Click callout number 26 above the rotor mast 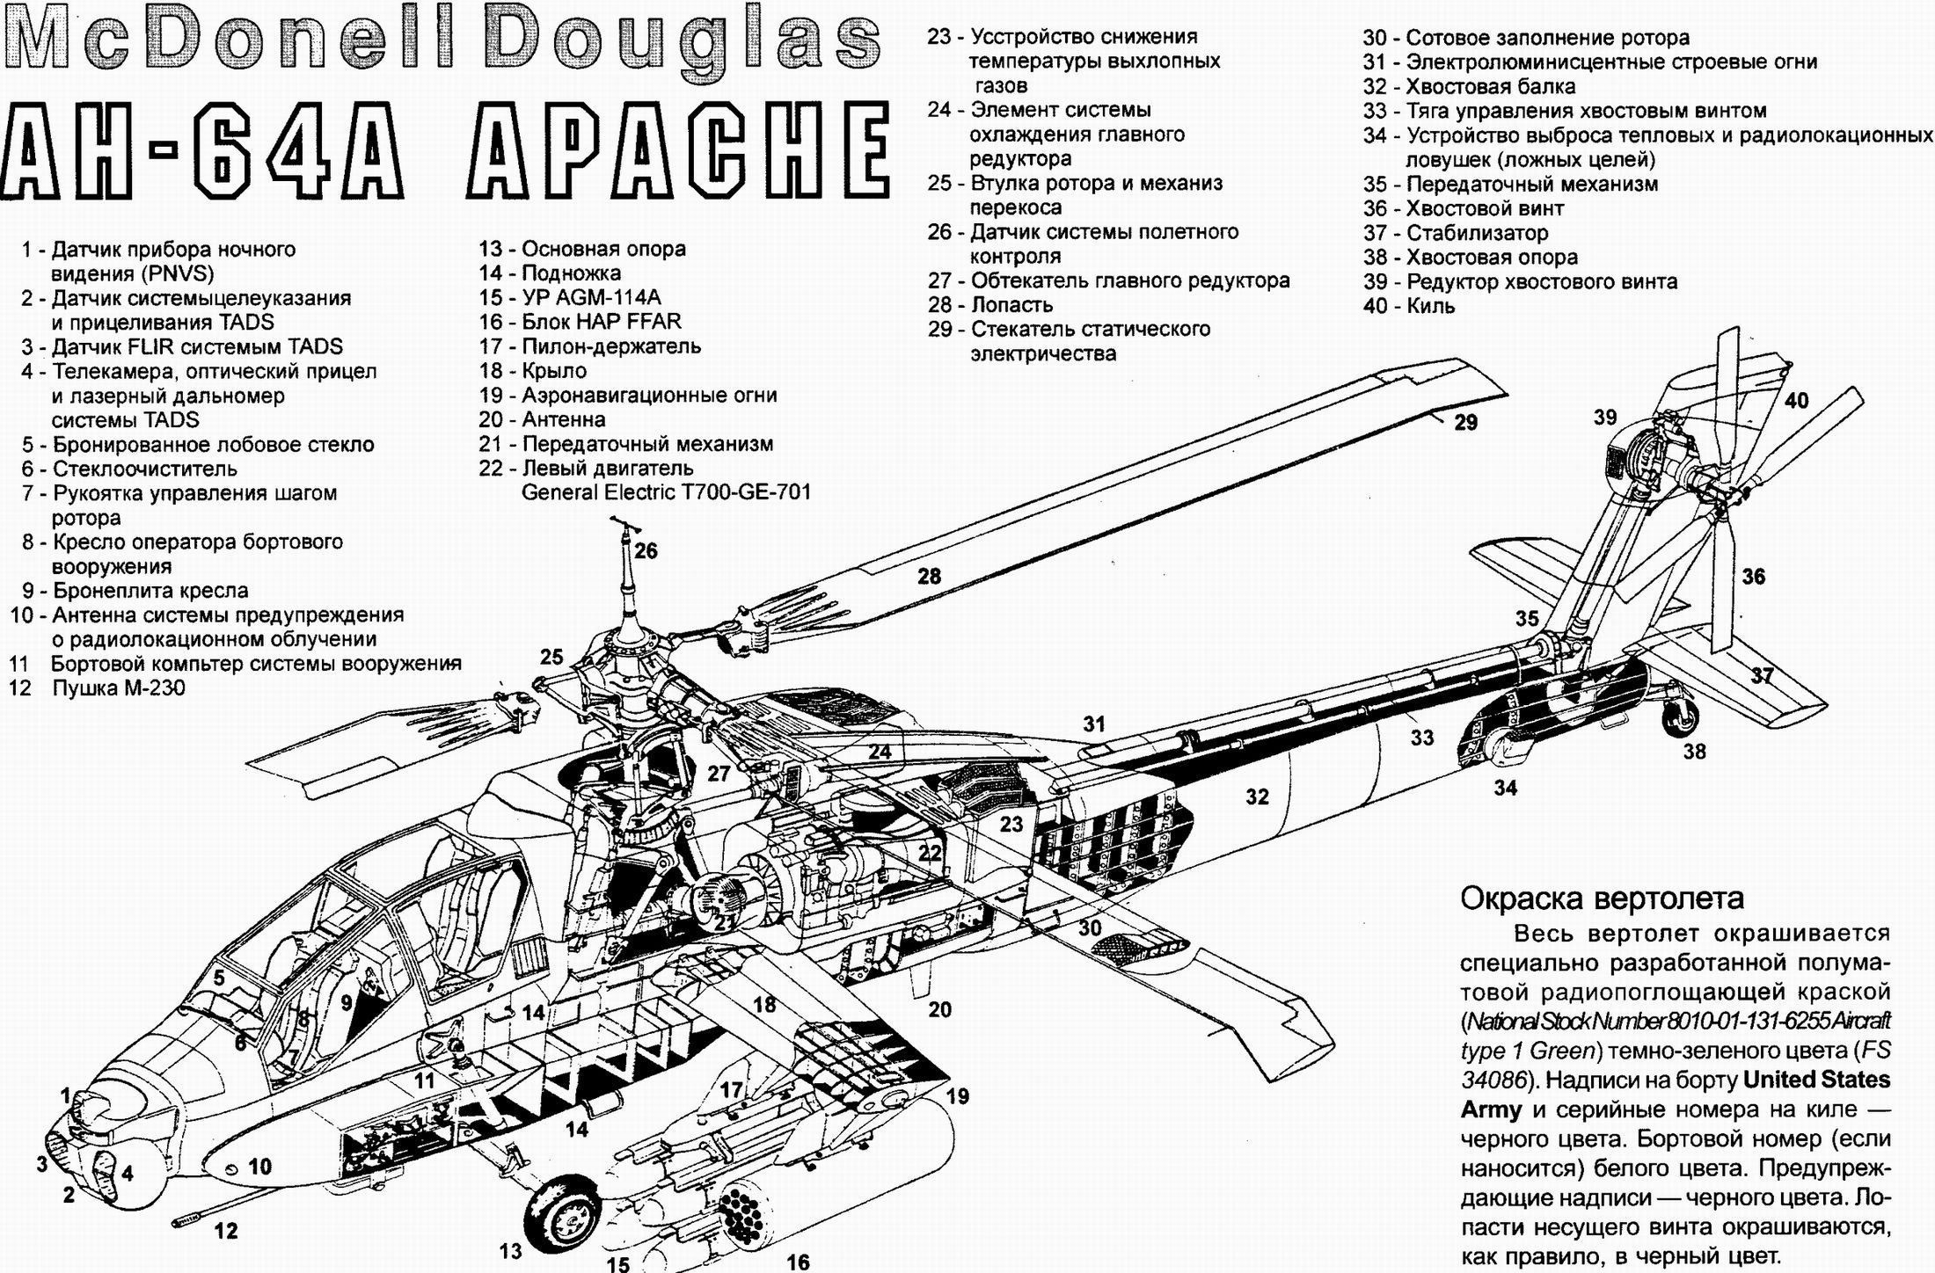click(x=646, y=551)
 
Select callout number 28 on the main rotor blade click(x=930, y=577)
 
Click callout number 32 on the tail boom click(x=1258, y=797)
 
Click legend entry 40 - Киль click(x=1409, y=306)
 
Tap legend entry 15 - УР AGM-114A click(x=569, y=297)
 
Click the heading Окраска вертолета click(x=1602, y=898)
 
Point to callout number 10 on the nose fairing click(x=260, y=1167)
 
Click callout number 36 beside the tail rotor click(x=1754, y=577)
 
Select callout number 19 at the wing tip click(x=958, y=1096)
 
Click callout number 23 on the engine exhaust click(x=1011, y=824)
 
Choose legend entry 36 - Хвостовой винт click(x=1464, y=208)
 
